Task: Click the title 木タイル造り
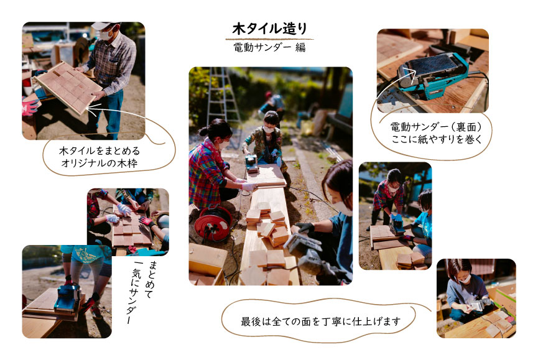coord(269,29)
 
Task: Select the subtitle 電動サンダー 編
coord(269,47)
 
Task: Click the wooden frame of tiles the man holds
coord(68,88)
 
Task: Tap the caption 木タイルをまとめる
coord(100,151)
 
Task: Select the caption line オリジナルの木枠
coord(100,163)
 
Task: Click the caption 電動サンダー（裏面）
coord(436,127)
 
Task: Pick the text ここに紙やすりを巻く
coord(437,139)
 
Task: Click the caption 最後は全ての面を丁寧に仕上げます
coord(321,321)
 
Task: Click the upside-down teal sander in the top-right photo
coord(433,75)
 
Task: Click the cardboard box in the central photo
coord(207,264)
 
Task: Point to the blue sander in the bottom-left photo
coord(68,298)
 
